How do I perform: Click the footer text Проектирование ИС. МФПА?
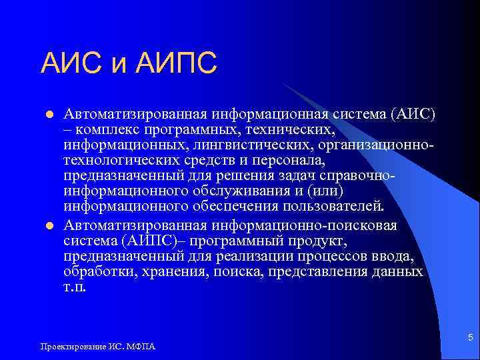[99, 347]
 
